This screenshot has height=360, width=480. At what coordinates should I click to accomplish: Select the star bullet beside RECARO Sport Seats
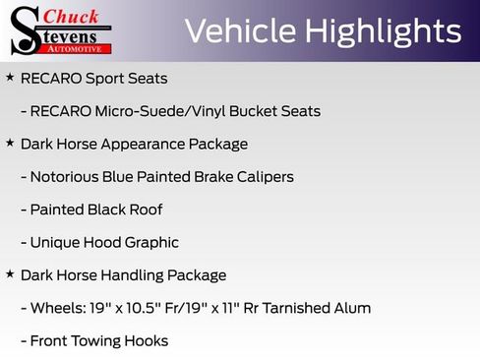10,77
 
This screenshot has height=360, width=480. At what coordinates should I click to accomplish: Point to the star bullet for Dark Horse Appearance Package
10,143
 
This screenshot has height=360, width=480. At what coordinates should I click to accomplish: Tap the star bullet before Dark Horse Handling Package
10,274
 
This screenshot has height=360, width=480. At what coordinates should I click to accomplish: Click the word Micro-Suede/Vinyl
152,111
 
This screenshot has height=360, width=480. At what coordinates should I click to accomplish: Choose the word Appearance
136,144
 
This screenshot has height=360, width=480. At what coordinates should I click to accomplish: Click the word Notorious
67,177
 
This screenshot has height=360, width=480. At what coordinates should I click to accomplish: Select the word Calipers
263,177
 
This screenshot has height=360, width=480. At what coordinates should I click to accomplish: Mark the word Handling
128,275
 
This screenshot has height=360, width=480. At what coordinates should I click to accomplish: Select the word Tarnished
295,308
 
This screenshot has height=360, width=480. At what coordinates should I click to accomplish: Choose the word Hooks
147,340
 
